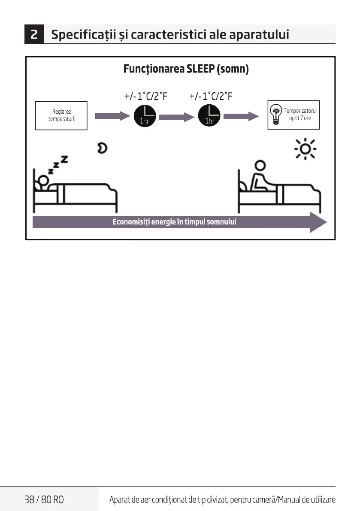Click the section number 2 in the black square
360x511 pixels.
36,35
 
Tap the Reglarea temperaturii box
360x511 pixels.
61,115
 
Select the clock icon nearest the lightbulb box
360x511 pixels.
209,116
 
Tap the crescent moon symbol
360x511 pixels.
102,148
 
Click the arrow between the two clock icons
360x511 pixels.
176,115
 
